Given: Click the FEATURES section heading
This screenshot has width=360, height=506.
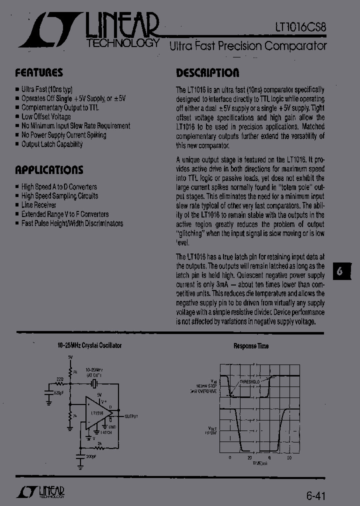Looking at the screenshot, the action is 39,72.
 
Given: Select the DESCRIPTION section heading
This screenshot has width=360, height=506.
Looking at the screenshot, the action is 207,73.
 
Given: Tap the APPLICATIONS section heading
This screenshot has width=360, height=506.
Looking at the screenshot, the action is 49,169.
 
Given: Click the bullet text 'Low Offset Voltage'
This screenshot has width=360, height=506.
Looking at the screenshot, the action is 46,117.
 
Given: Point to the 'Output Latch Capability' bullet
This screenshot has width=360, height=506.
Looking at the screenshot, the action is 52,144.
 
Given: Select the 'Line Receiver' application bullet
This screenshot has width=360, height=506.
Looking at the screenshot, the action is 38,205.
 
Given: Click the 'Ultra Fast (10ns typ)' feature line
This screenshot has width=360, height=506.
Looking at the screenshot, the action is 46,89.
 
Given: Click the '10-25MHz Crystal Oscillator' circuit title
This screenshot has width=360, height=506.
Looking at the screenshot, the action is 88,345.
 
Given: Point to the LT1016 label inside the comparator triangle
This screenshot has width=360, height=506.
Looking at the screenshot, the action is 97,413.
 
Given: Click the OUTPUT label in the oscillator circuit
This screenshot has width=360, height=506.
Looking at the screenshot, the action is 131,416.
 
